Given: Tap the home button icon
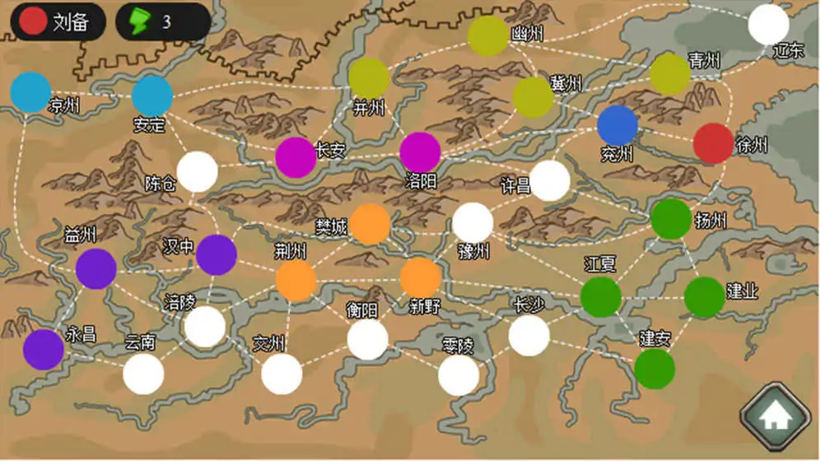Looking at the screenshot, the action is (x=776, y=417).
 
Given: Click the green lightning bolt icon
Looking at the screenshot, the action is (x=140, y=21).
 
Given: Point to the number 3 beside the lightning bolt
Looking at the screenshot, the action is (x=166, y=22).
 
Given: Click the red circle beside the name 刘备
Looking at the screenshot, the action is (x=33, y=21).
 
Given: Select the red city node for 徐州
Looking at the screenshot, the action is (x=713, y=144).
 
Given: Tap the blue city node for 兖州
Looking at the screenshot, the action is (x=617, y=125).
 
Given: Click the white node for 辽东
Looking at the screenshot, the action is (x=768, y=25).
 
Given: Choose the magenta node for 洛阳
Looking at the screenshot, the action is (x=420, y=152).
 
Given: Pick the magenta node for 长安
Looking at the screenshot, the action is (x=296, y=157).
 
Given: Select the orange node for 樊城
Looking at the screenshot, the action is (x=370, y=224).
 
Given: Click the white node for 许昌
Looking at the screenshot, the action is (x=549, y=181).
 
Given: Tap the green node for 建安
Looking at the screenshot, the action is (x=655, y=369).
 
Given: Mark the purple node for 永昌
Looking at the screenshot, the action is (x=44, y=350).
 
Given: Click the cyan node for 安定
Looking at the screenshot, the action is (x=152, y=96).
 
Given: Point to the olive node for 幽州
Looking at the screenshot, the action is (x=488, y=35).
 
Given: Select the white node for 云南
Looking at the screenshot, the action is (x=143, y=375).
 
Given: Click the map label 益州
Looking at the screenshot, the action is (x=80, y=235).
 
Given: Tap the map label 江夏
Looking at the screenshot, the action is (x=600, y=264).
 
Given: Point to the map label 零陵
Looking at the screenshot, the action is (x=458, y=346).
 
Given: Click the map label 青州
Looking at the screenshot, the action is (x=704, y=61).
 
